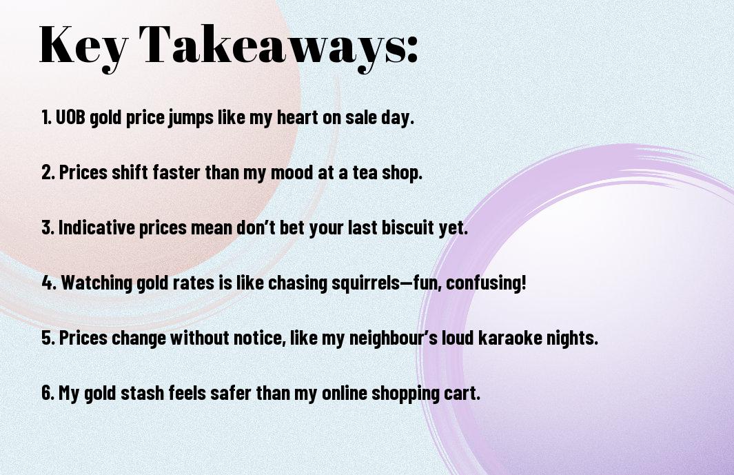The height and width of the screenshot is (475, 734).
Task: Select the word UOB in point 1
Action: pyautogui.click(x=70, y=117)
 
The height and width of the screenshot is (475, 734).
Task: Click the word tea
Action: pyautogui.click(x=365, y=172)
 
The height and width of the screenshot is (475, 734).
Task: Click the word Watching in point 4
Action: pyautogui.click(x=96, y=283)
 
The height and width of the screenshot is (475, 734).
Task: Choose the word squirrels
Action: pyautogui.click(x=365, y=283)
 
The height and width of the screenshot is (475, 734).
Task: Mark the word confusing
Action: pyautogui.click(x=486, y=283)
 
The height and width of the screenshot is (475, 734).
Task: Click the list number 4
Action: pyautogui.click(x=49, y=283)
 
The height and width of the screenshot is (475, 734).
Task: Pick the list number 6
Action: pyautogui.click(x=48, y=393)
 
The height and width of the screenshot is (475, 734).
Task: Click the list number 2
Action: pyautogui.click(x=48, y=172)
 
